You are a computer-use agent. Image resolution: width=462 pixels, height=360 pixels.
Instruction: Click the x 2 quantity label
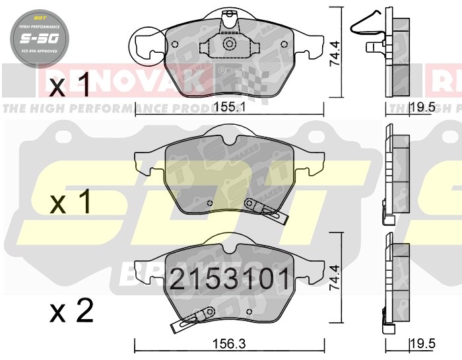pyautogui.click(x=73, y=310)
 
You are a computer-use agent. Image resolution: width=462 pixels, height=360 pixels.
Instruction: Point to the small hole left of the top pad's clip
pyautogui.click(x=174, y=44)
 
